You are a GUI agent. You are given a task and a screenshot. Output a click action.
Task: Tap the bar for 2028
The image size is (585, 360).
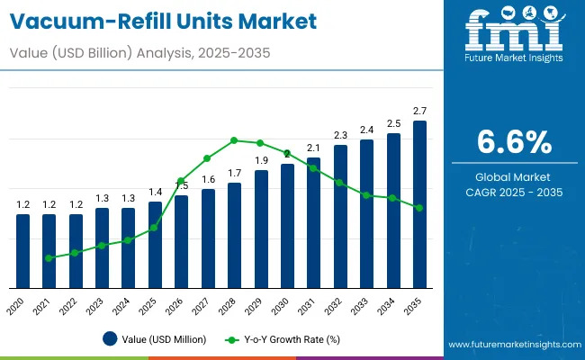[234, 235]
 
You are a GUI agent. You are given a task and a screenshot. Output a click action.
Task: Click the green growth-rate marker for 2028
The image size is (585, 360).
[234, 140]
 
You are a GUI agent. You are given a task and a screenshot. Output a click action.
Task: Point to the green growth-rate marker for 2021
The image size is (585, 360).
[49, 257]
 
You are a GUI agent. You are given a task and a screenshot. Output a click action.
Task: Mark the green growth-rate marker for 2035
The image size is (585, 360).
[419, 208]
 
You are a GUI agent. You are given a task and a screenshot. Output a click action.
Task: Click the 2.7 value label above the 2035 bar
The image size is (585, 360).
[419, 111]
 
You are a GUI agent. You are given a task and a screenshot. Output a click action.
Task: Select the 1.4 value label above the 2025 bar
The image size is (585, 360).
[155, 192]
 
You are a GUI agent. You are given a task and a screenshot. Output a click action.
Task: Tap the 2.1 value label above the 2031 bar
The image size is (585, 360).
[313, 148]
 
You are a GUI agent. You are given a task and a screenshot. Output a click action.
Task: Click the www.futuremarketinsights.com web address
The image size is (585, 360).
[510, 345]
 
